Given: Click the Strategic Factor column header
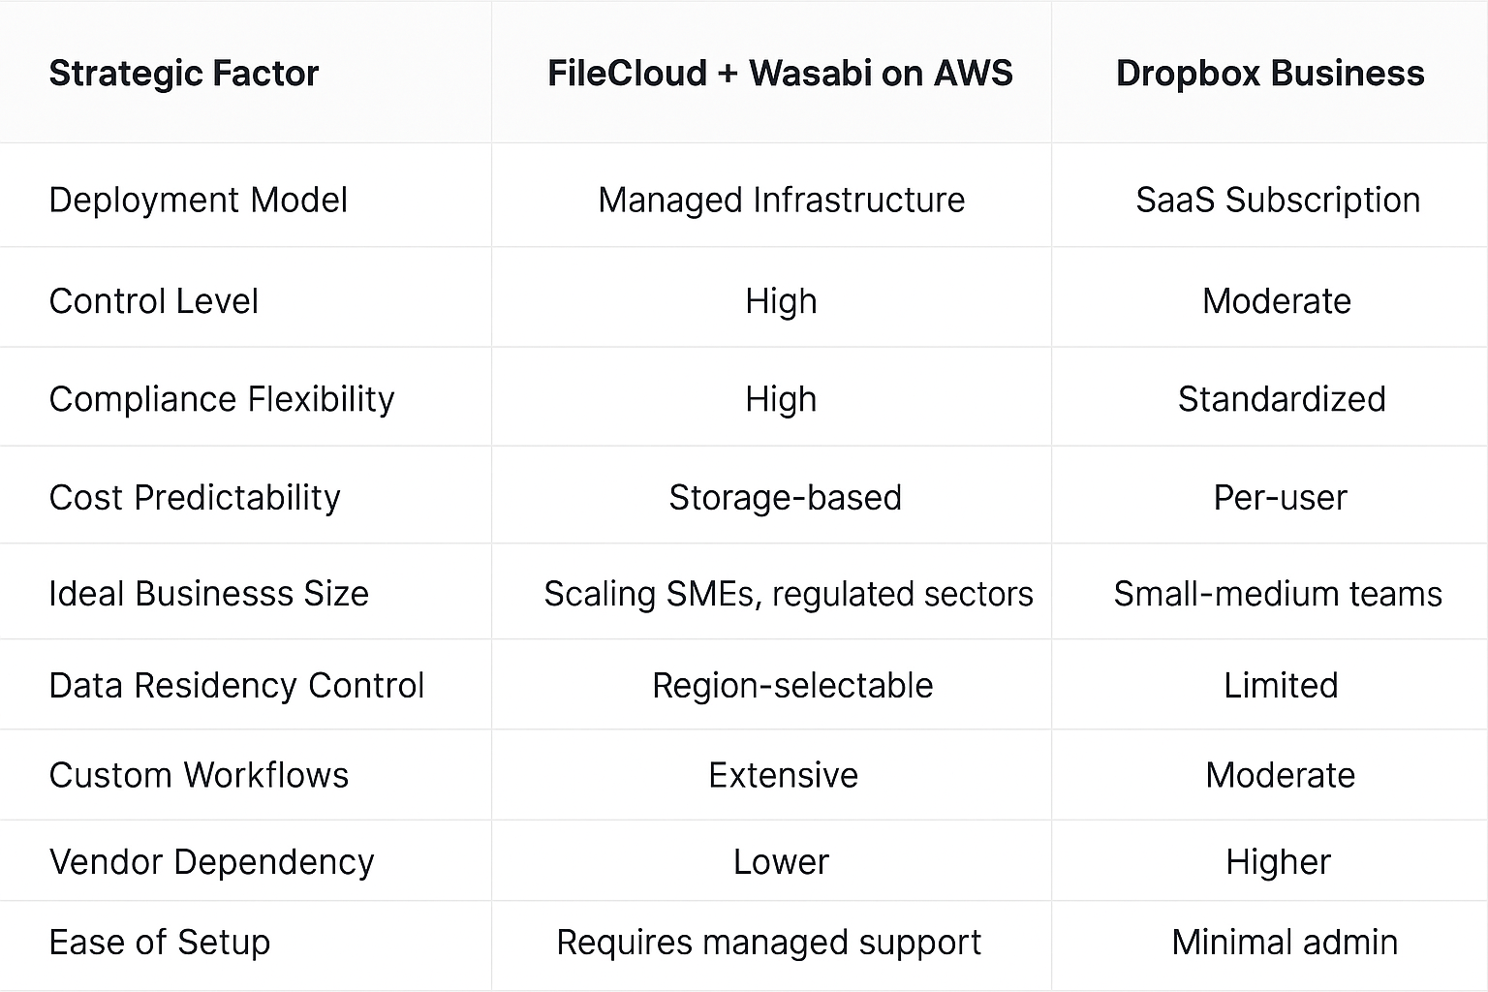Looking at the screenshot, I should (183, 74).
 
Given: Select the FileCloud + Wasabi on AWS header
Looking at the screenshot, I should (780, 74).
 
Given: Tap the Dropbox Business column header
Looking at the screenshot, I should (1270, 74).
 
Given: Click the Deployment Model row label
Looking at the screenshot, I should (198, 200).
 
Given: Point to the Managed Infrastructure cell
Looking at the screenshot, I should (781, 200).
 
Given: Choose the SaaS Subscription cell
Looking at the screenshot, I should (1278, 200).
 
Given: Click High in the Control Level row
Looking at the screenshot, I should (781, 301).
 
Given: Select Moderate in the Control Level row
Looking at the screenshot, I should (1277, 301).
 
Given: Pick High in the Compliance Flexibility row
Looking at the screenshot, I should (781, 399).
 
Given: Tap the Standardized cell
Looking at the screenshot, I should (1282, 399).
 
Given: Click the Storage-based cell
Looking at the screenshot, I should (785, 498).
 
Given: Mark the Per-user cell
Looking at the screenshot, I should (1280, 498).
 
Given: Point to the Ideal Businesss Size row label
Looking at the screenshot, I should (208, 594).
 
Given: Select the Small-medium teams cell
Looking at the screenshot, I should (1278, 594).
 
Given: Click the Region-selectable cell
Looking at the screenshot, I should (792, 686).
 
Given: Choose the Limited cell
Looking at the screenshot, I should (1281, 686).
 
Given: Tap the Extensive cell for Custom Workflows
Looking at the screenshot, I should (783, 775).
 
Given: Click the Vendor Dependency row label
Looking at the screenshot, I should (211, 862).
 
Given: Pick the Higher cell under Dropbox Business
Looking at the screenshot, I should (1278, 862).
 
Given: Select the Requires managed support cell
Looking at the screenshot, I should (768, 942).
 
